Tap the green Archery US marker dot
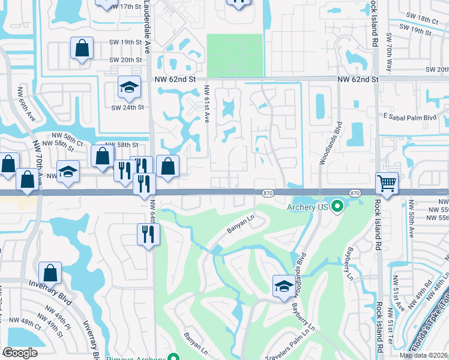[337, 208]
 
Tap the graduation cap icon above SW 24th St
[128, 87]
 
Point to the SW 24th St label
[128, 107]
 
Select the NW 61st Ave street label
[206, 103]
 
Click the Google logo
[20, 352]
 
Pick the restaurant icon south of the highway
[147, 234]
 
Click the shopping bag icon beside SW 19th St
[81, 48]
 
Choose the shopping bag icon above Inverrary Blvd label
[50, 272]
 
